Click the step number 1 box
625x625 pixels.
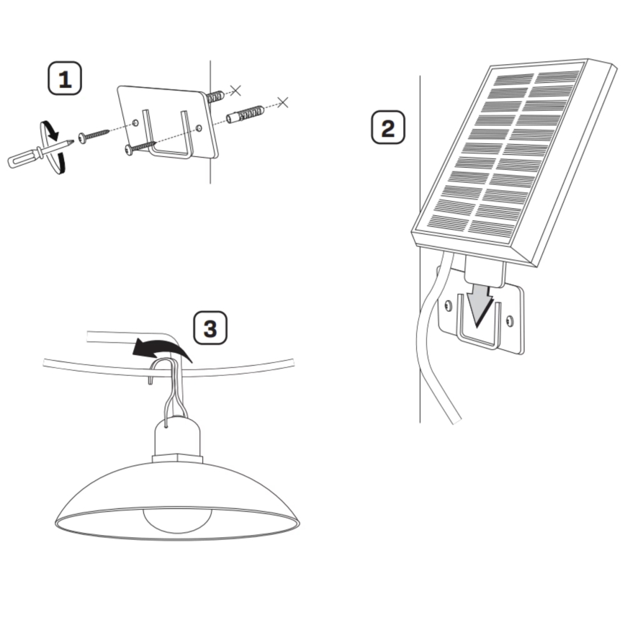click(x=65, y=78)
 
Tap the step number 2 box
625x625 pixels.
click(x=387, y=127)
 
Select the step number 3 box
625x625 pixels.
click(x=210, y=328)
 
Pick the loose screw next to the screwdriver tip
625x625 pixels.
click(x=94, y=135)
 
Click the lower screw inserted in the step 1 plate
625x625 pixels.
click(x=140, y=148)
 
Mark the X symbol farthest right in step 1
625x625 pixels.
click(x=283, y=102)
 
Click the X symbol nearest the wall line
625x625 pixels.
click(x=234, y=91)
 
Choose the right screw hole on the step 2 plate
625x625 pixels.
click(x=510, y=320)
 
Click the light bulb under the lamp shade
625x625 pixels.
click(x=176, y=519)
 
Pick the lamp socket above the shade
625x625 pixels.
click(x=176, y=439)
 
